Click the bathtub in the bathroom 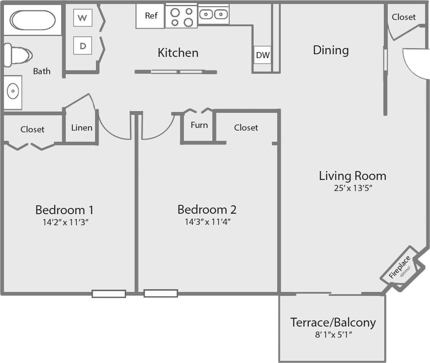pyautogui.click(x=32, y=20)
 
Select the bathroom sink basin pyautogui.click(x=12, y=91)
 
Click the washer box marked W pyautogui.click(x=83, y=18)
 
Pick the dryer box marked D pyautogui.click(x=83, y=46)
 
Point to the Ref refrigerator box pyautogui.click(x=151, y=16)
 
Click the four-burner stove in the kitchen pyautogui.click(x=181, y=16)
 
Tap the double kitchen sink pyautogui.click(x=213, y=14)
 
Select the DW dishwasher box pyautogui.click(x=263, y=55)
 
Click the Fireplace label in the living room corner pyautogui.click(x=399, y=267)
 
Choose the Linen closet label pyautogui.click(x=82, y=128)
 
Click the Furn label pyautogui.click(x=199, y=125)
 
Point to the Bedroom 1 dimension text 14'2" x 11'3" pyautogui.click(x=65, y=222)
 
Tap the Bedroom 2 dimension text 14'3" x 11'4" pyautogui.click(x=207, y=222)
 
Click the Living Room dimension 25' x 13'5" pyautogui.click(x=353, y=188)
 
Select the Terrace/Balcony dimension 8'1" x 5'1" pyautogui.click(x=333, y=335)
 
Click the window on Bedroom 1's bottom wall pyautogui.click(x=109, y=294)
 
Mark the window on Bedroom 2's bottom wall pyautogui.click(x=161, y=293)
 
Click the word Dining pyautogui.click(x=331, y=50)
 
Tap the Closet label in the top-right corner pyautogui.click(x=404, y=17)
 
